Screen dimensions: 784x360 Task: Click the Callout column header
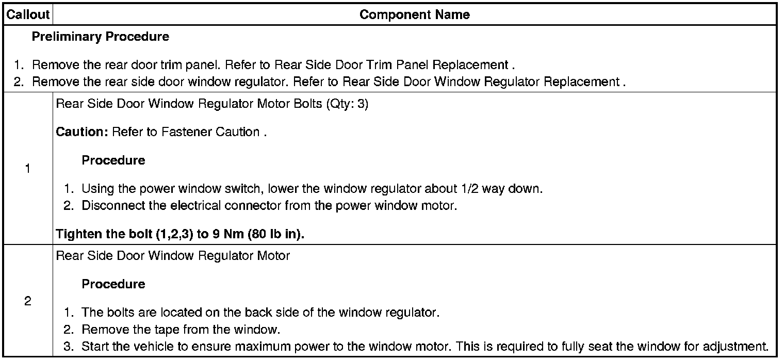(x=28, y=15)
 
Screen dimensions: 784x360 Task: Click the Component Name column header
(x=415, y=15)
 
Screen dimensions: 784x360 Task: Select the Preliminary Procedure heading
(x=100, y=37)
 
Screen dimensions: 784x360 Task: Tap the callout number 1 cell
(x=28, y=169)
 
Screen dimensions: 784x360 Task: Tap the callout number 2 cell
(x=28, y=302)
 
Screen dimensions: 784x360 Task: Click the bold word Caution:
(x=81, y=132)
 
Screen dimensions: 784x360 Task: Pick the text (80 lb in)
(x=276, y=234)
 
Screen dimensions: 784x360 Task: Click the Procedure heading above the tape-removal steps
(x=113, y=284)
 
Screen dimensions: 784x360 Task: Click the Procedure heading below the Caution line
(x=113, y=160)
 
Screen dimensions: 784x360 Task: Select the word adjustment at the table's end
(x=739, y=346)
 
